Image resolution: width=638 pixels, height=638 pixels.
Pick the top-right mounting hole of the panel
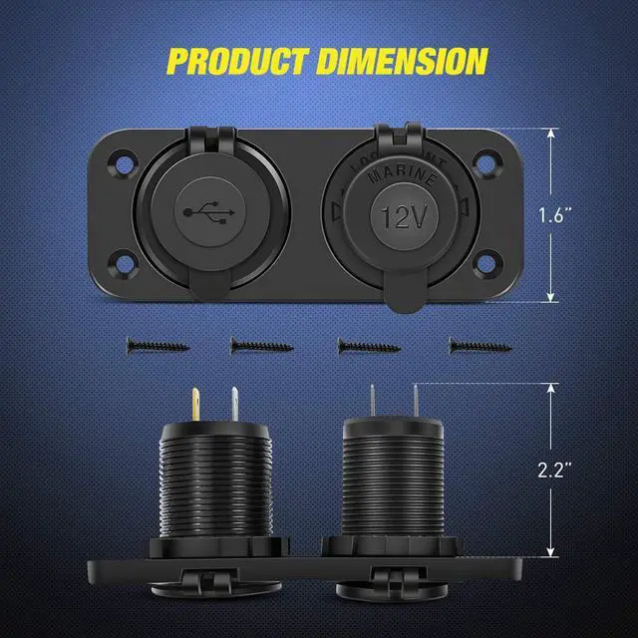point(487,159)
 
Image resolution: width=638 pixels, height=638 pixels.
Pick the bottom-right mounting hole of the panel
point(487,266)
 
